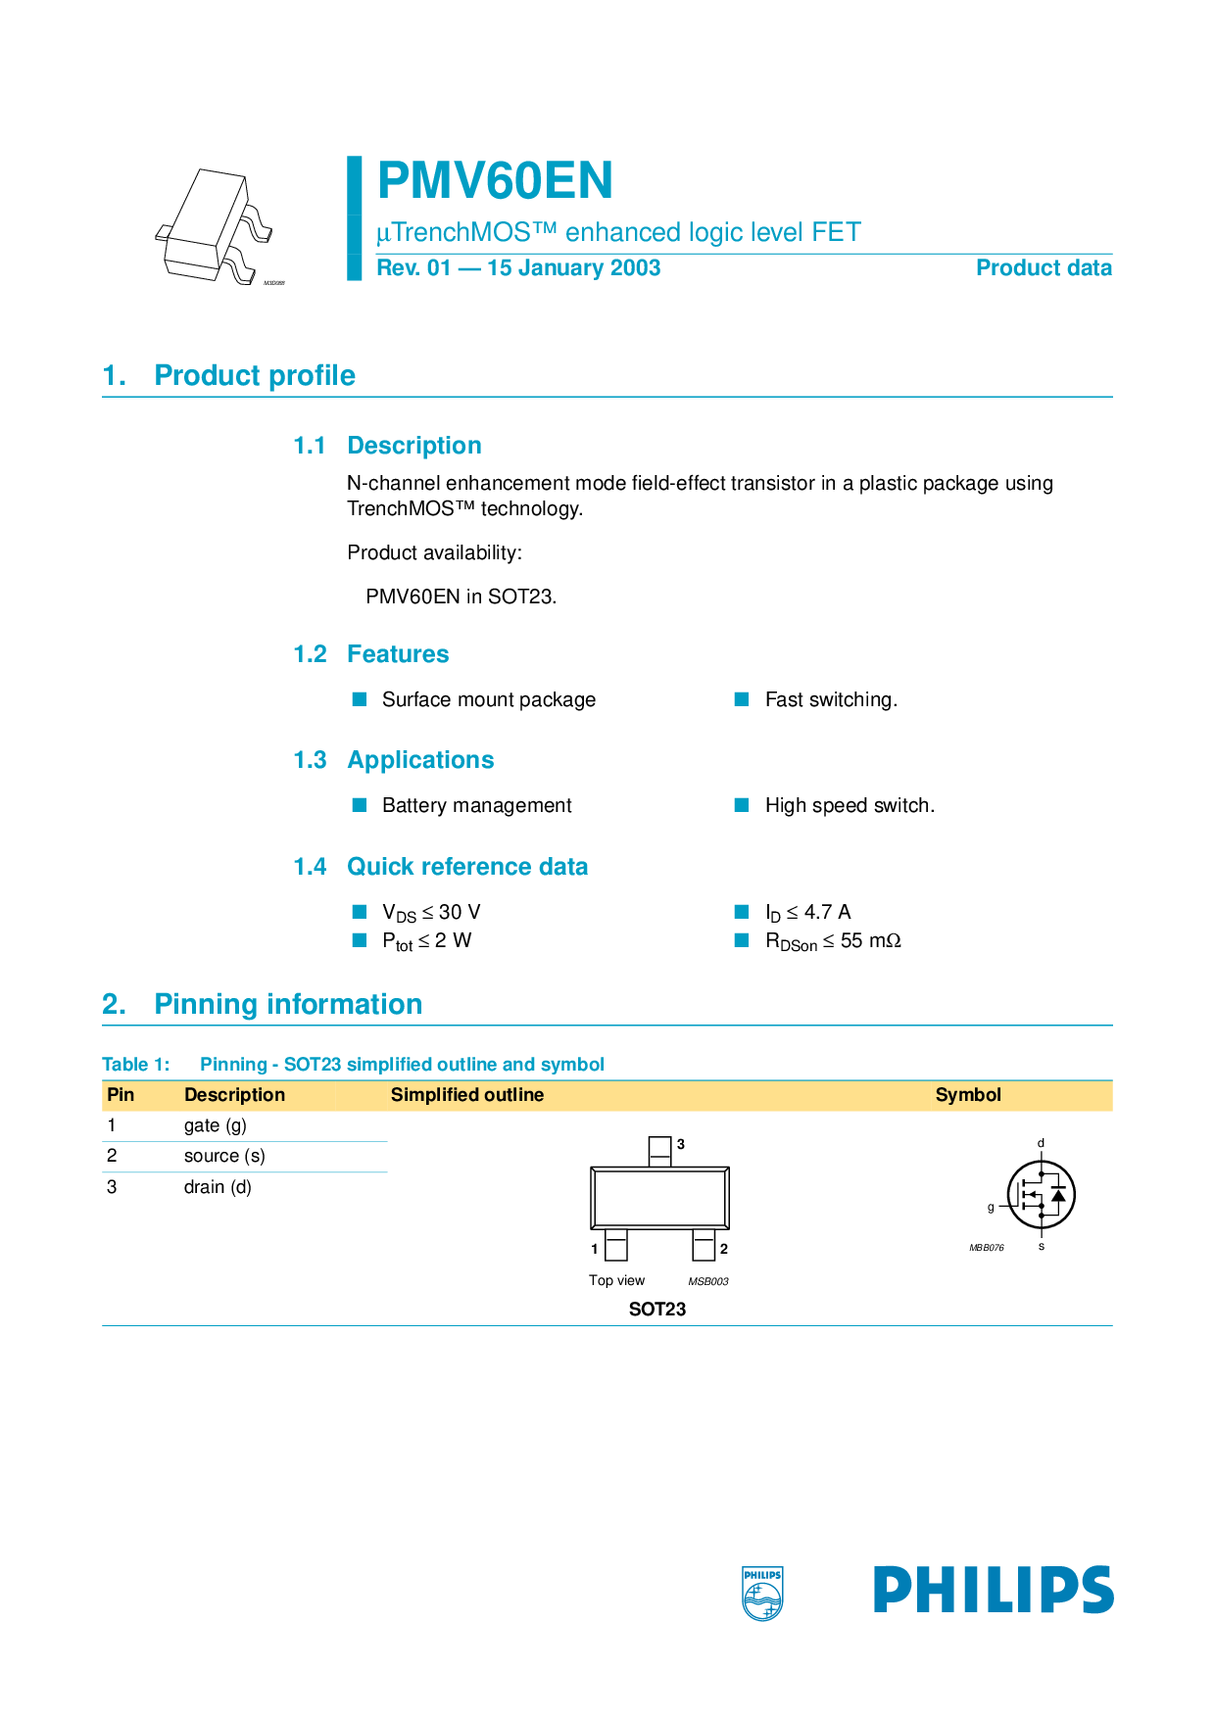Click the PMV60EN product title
click(495, 181)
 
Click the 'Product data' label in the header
click(1044, 268)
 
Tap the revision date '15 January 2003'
click(573, 268)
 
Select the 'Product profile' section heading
click(255, 375)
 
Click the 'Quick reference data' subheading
click(467, 867)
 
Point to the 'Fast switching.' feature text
click(831, 699)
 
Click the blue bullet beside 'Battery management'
click(360, 805)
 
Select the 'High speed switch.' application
click(850, 805)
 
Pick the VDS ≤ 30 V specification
click(431, 913)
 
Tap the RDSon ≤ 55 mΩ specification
click(833, 941)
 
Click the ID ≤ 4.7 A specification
click(807, 913)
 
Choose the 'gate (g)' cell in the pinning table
click(216, 1125)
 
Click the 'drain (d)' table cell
click(218, 1187)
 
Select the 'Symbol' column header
click(968, 1095)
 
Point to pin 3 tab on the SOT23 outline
click(660, 1151)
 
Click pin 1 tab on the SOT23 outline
click(616, 1245)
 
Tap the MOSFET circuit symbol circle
click(1042, 1195)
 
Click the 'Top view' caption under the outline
click(616, 1280)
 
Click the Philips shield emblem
click(762, 1594)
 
